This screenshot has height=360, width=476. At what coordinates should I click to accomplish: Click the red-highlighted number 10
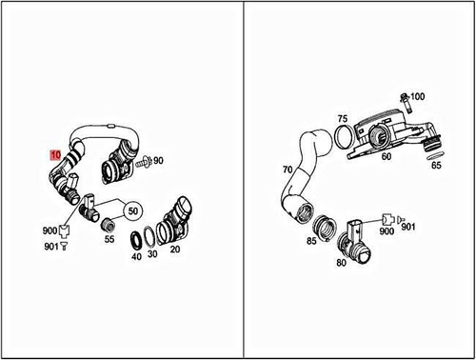55,152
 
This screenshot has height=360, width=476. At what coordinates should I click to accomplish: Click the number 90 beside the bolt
158,163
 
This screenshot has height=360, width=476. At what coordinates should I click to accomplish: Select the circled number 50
132,210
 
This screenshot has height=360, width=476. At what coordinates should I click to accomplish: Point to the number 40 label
136,256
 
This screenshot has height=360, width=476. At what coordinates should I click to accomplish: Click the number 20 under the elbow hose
175,250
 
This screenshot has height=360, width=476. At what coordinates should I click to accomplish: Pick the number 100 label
418,98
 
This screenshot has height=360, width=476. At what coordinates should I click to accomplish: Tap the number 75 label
343,119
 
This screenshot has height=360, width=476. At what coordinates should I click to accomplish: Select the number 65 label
436,165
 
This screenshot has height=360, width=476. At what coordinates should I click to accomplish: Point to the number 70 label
287,170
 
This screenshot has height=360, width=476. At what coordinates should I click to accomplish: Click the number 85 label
311,241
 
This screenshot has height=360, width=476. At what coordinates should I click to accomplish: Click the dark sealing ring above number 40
137,238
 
